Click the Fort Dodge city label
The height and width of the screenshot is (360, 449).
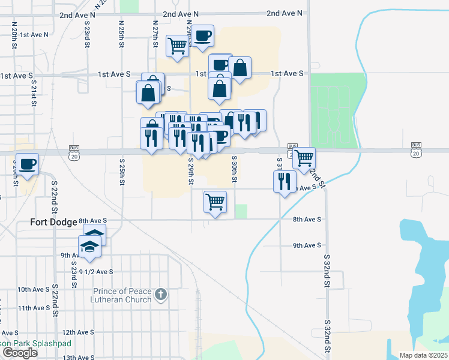54,222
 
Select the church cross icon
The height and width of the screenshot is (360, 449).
160,294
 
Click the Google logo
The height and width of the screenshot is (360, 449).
20,353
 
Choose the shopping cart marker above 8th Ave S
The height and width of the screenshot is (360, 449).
215,202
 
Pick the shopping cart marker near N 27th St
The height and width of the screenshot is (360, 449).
177,46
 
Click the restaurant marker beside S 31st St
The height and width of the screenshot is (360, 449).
285,180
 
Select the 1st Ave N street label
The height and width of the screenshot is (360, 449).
34,35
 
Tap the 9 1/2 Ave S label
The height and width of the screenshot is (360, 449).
96,271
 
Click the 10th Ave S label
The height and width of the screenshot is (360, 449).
34,289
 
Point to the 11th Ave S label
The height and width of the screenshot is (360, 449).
34,308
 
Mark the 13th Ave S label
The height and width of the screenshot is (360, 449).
78,358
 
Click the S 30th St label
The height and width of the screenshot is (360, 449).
235,169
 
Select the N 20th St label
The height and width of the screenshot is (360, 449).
14,32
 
